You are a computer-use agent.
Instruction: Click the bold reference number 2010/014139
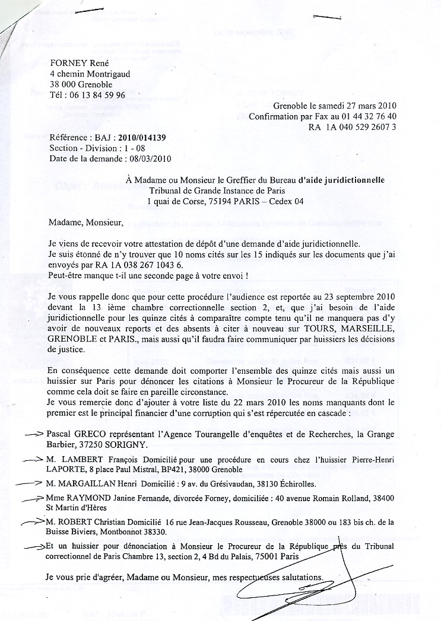point(142,138)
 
